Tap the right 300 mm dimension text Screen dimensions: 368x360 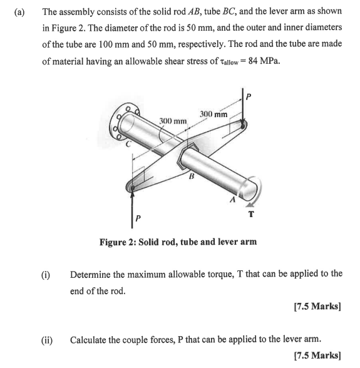[213, 114]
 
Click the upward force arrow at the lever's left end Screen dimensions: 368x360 [133, 203]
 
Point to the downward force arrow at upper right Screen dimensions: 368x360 [242, 106]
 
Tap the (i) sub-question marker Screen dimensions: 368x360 [46, 274]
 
